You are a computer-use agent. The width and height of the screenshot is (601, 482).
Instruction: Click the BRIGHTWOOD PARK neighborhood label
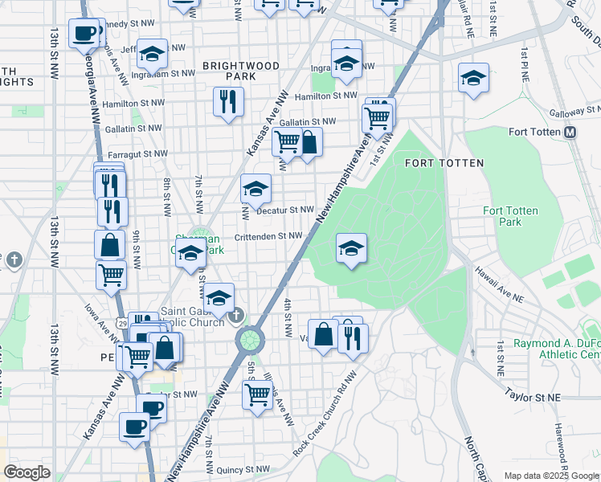click(241, 71)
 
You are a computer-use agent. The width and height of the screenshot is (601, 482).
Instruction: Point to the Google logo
click(27, 472)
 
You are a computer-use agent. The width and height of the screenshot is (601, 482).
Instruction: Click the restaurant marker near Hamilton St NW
click(228, 102)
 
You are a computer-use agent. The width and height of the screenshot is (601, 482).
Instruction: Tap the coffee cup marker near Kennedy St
click(84, 34)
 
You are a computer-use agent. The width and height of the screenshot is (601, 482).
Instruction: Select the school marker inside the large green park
click(351, 248)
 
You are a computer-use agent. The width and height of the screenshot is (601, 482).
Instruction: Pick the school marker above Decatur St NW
click(256, 190)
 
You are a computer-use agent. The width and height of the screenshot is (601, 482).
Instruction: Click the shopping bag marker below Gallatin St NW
click(308, 144)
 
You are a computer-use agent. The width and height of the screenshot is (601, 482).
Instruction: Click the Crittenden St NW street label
click(268, 236)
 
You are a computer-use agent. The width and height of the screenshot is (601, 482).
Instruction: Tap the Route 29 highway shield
click(120, 322)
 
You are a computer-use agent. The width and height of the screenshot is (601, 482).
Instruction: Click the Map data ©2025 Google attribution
click(551, 476)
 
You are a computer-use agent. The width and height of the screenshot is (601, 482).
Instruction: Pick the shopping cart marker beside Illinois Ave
click(256, 394)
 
